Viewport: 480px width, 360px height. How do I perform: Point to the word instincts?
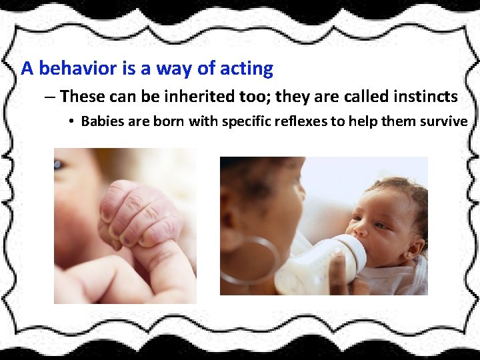[x=421, y=97]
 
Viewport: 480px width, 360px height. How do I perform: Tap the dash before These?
[x=51, y=97]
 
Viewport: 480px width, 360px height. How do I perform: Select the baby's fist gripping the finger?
[x=137, y=213]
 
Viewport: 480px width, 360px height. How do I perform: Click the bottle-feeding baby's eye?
[x=380, y=225]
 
